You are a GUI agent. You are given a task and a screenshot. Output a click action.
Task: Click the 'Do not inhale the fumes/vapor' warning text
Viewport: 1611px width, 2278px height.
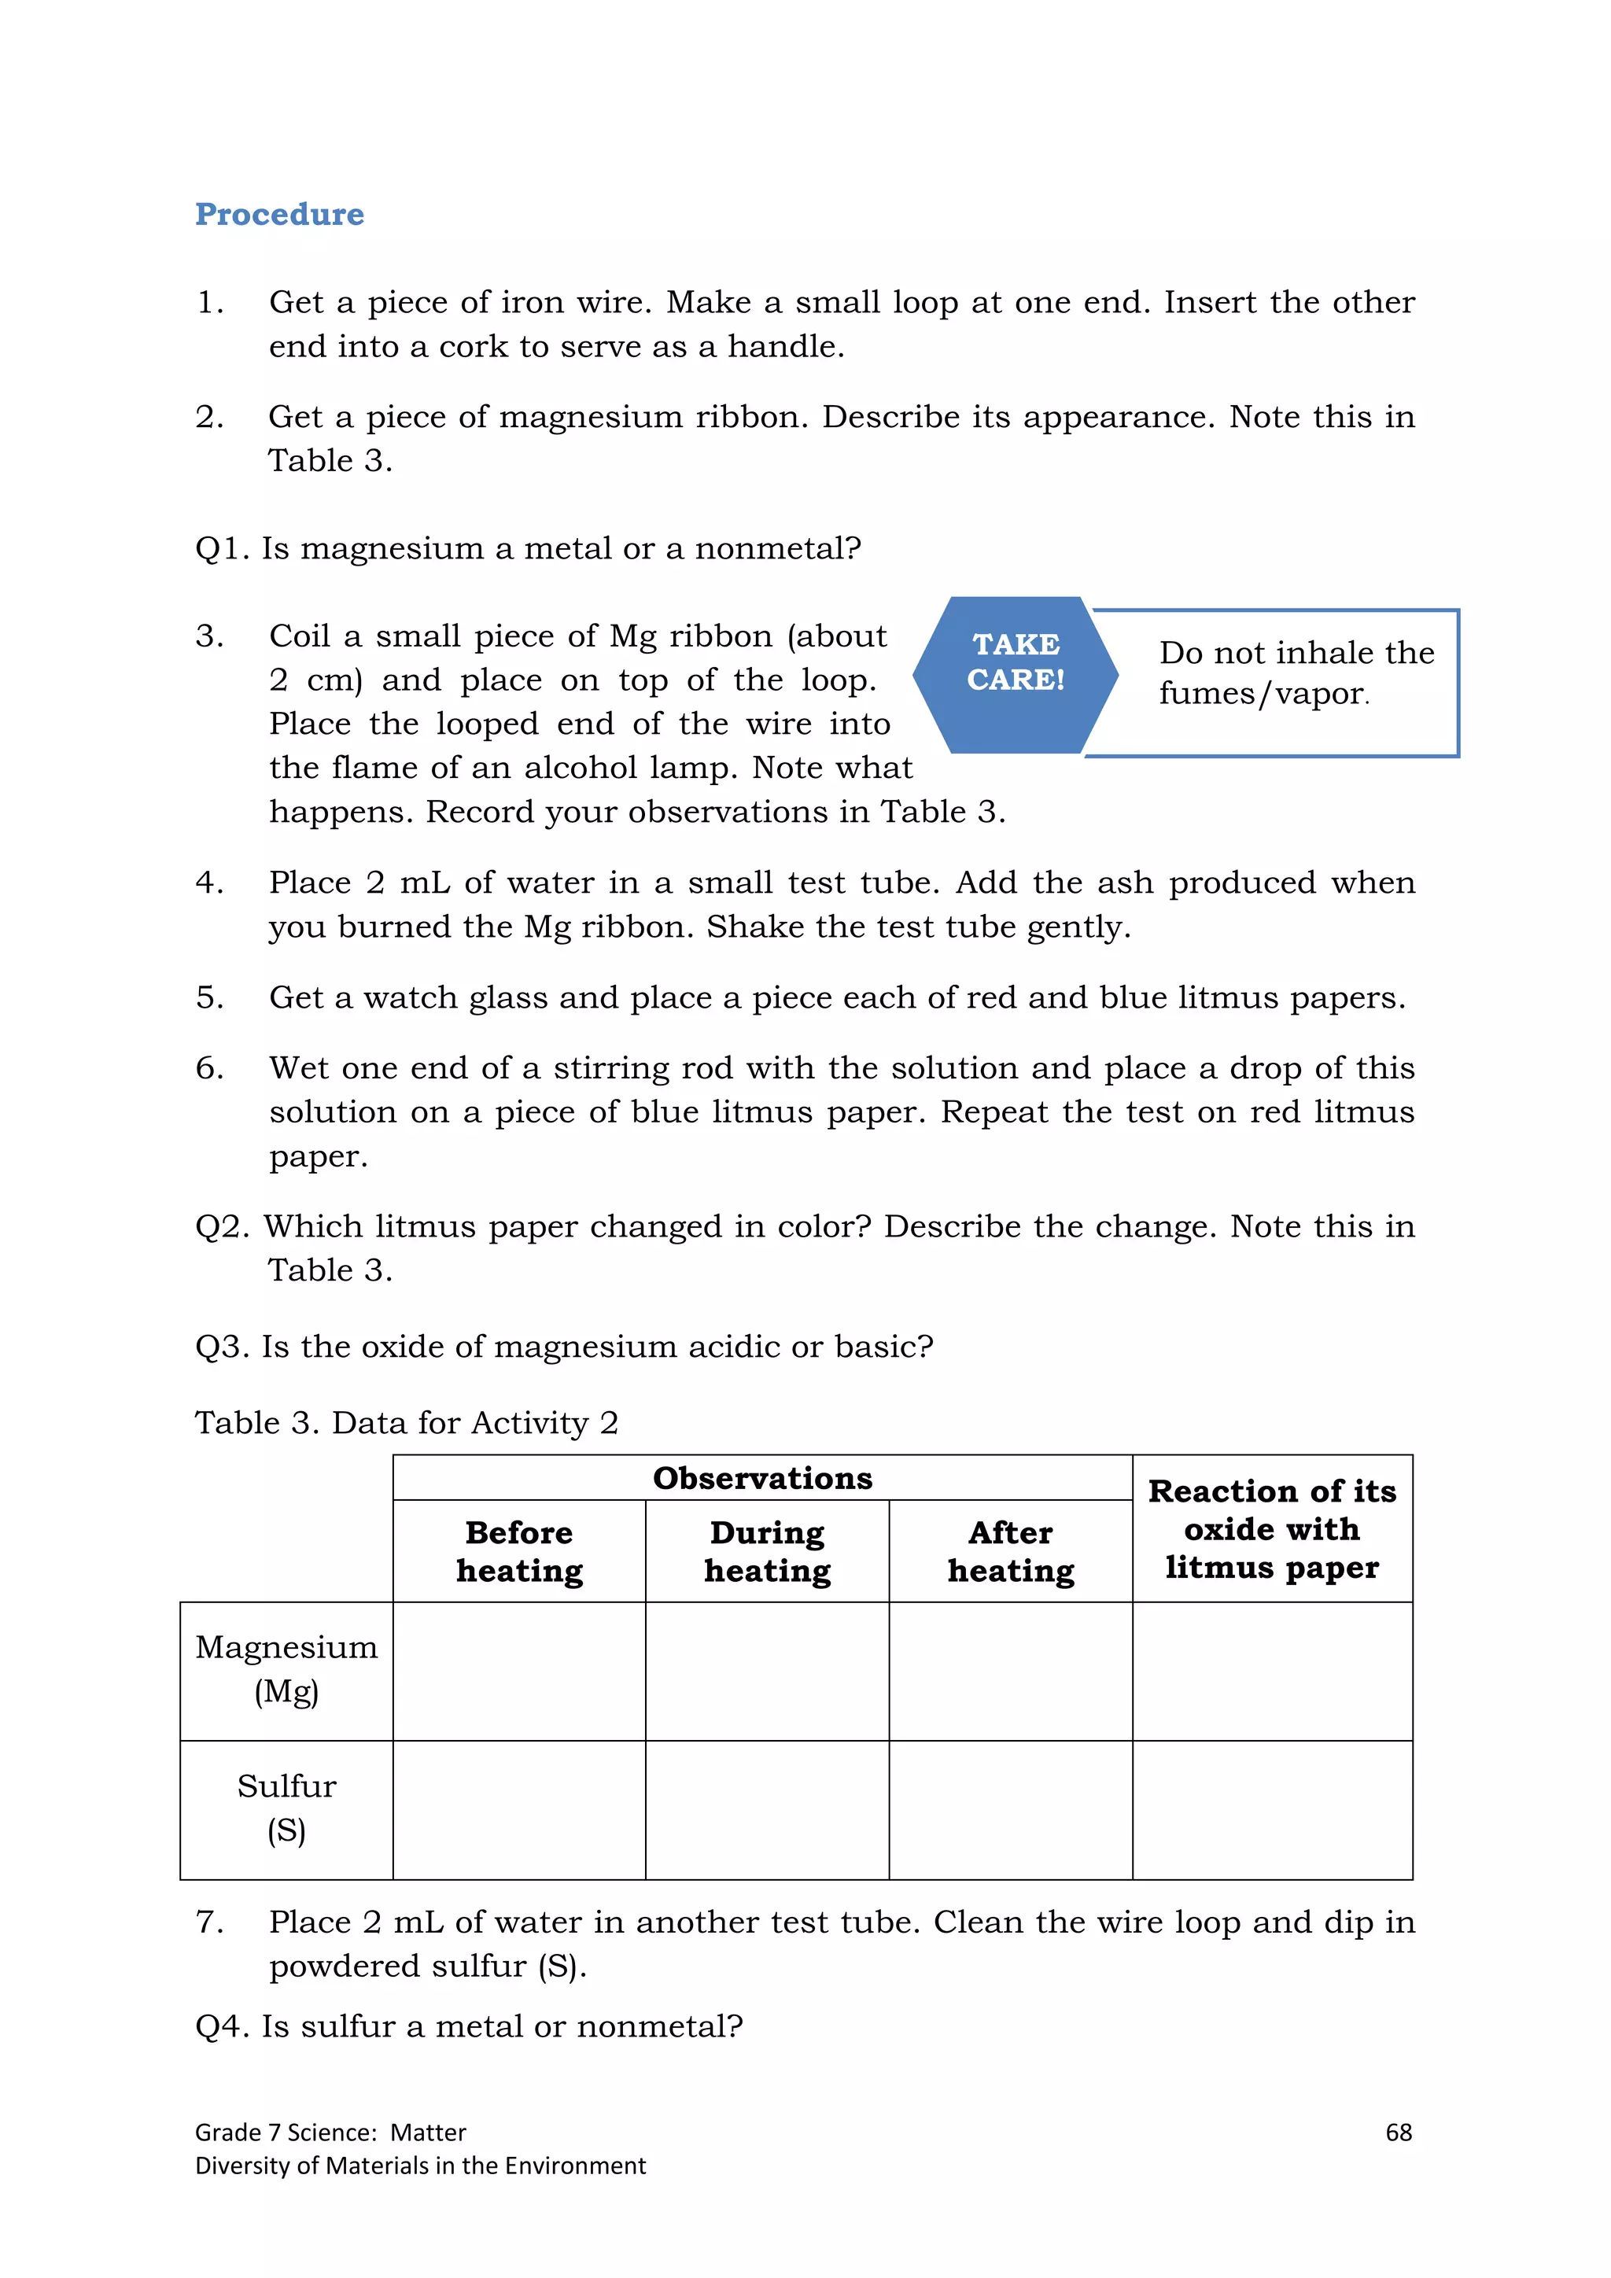click(x=1296, y=673)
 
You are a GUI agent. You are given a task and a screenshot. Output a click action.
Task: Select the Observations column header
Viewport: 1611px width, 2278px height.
click(x=762, y=1478)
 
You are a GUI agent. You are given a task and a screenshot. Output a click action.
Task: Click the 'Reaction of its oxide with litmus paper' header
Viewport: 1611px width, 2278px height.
click(x=1272, y=1529)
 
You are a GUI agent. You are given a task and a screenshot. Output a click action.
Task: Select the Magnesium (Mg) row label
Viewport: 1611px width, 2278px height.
click(x=286, y=1669)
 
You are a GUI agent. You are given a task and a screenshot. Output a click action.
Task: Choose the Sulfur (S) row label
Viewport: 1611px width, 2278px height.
click(x=286, y=1808)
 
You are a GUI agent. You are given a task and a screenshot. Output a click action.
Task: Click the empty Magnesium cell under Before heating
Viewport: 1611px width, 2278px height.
click(x=519, y=1671)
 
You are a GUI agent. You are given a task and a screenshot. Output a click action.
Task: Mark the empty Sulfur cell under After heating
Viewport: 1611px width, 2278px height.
click(x=1010, y=1810)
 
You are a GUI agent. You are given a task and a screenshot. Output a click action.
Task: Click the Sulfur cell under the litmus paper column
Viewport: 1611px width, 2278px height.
click(x=1272, y=1810)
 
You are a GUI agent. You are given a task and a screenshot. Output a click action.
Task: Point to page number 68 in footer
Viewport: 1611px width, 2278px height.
click(x=1398, y=2132)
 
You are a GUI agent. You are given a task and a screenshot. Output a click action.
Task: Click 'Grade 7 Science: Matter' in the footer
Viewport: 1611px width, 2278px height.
click(x=330, y=2132)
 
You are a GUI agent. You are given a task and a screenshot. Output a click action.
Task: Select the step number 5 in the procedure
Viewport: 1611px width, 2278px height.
click(x=208, y=997)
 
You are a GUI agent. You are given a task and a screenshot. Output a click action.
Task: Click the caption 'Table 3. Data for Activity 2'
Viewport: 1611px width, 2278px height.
click(x=406, y=1423)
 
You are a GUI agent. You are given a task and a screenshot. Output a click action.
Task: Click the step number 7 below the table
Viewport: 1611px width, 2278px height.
click(x=208, y=1922)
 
